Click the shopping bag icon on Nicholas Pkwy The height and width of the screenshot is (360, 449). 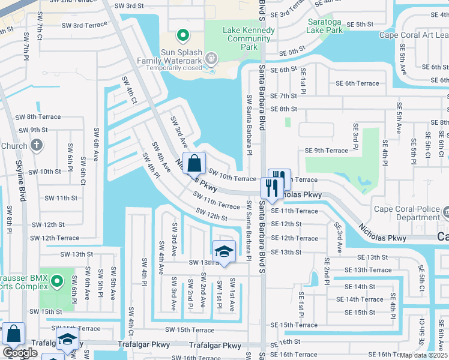[194, 163]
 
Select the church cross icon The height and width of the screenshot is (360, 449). [37, 145]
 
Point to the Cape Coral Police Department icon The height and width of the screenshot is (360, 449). [445, 212]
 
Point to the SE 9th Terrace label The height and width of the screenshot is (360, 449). [326, 151]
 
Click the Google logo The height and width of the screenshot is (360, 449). [20, 353]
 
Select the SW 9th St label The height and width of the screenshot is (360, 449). [33, 130]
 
